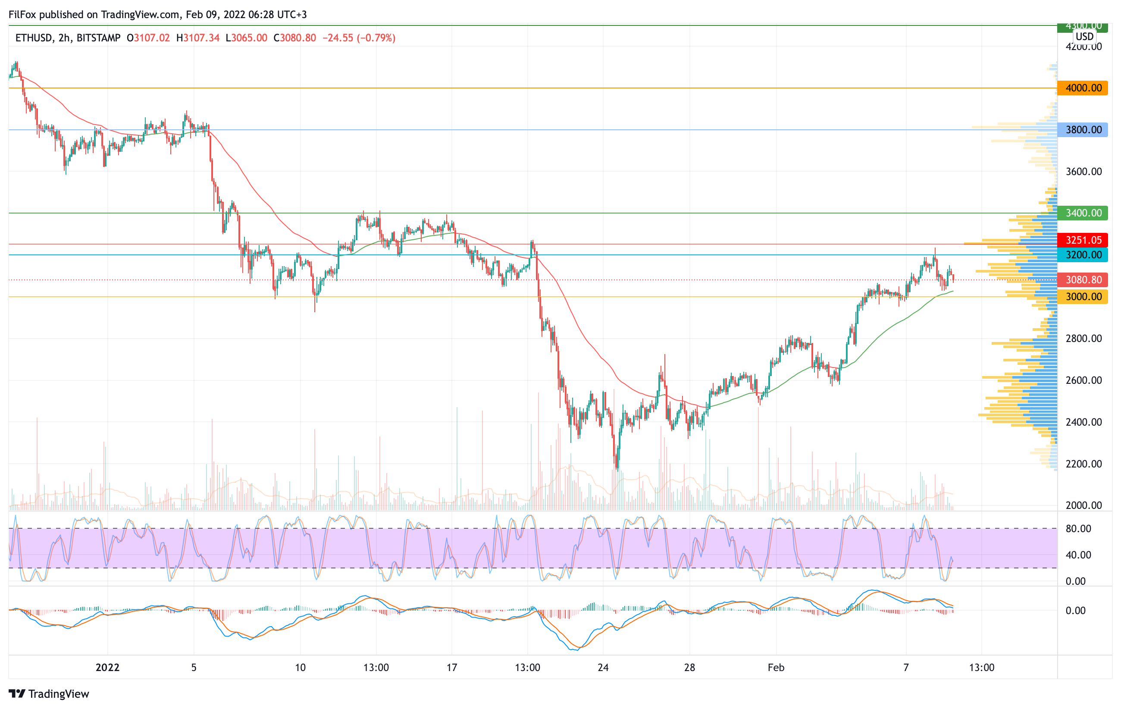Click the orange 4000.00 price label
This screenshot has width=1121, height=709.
tap(1082, 88)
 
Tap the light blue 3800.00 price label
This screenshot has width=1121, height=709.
tap(1082, 130)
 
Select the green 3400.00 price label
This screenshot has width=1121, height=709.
tap(1082, 213)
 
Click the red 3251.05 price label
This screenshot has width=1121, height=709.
tap(1082, 240)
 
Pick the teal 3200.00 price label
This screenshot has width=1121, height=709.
tap(1082, 254)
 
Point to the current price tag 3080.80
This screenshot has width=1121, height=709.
tap(1082, 280)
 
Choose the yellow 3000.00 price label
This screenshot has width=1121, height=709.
tap(1082, 297)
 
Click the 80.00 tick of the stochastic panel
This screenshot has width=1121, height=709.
tap(1078, 528)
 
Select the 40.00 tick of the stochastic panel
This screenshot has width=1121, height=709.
tap(1078, 555)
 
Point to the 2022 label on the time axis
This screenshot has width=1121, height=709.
tap(107, 668)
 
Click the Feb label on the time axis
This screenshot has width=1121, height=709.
tap(776, 668)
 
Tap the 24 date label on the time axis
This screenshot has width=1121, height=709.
tap(603, 668)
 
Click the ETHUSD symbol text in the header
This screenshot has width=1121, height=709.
tap(34, 38)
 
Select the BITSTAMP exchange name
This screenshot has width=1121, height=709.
tap(98, 38)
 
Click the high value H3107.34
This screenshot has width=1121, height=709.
tap(198, 38)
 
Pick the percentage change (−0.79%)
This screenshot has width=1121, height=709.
tap(376, 38)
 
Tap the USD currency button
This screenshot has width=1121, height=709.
tap(1085, 36)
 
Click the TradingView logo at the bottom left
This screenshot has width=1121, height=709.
tap(49, 693)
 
